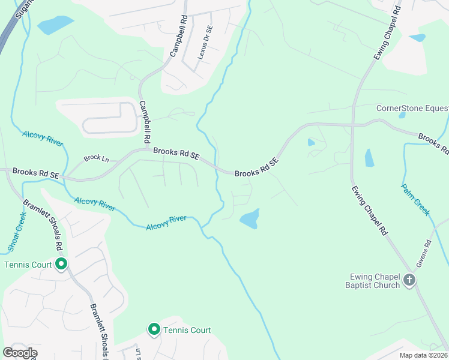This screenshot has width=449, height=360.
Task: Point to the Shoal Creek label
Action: coord(17,231)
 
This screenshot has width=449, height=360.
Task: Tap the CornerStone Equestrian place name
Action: coord(412,109)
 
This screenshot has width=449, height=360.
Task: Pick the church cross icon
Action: coord(409,280)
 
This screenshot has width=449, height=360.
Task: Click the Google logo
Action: coord(20,353)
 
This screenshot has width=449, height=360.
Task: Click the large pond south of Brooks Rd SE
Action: coord(250,218)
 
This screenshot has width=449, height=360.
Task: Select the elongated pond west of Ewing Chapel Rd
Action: coord(369,157)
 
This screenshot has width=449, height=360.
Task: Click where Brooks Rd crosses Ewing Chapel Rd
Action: coord(353,125)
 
